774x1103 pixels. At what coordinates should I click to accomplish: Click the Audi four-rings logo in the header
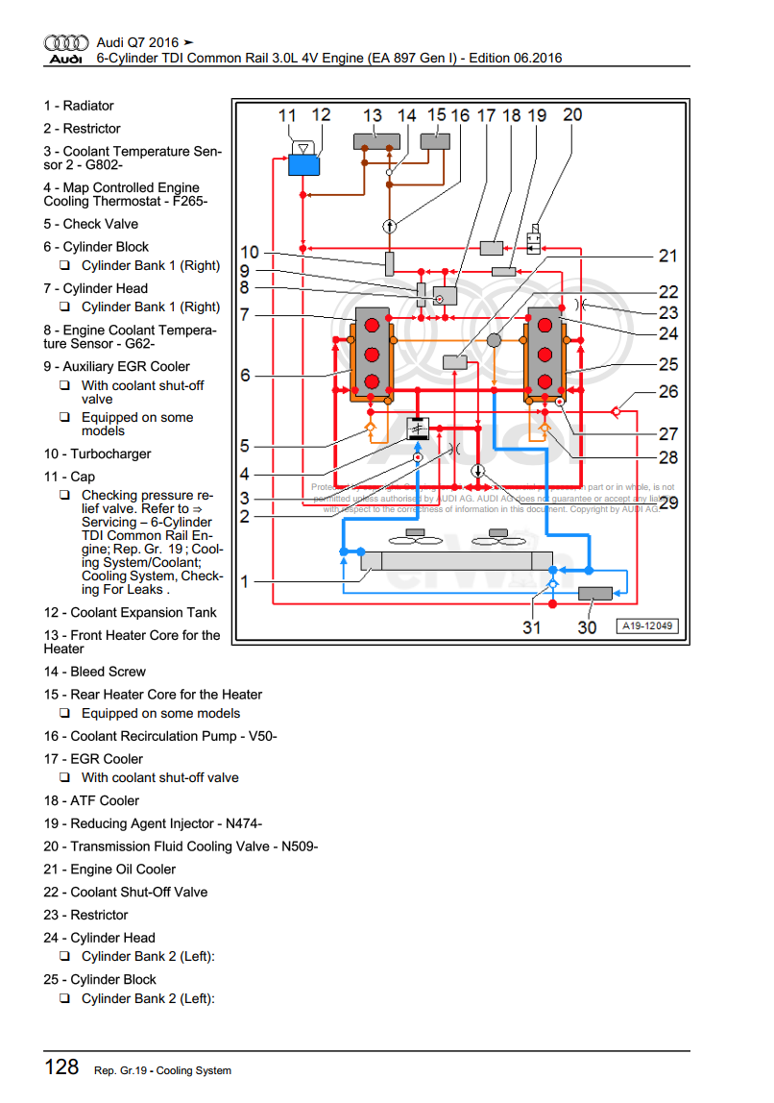66,43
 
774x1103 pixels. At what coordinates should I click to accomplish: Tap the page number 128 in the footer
61,1066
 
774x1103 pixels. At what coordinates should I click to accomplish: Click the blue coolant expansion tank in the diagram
303,163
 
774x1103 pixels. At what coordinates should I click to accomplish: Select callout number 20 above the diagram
571,114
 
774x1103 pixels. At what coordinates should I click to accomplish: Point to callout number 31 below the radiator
531,626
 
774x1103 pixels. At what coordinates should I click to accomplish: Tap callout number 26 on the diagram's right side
668,391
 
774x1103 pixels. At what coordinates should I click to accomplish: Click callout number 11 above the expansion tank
288,115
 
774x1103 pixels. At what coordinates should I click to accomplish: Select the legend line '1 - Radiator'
79,106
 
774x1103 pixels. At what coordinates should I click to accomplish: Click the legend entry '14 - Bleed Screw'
94,672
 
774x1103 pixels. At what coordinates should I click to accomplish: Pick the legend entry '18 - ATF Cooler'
91,800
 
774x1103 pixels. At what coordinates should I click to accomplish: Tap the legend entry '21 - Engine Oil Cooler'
109,870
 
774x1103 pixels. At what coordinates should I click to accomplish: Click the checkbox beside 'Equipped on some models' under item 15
64,714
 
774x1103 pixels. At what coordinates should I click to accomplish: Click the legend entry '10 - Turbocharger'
97,453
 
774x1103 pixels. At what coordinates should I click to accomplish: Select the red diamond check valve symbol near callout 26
616,412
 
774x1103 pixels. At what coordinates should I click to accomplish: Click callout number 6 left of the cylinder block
245,375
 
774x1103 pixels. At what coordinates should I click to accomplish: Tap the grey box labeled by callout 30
596,593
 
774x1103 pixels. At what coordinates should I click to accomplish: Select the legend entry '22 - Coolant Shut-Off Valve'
125,892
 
